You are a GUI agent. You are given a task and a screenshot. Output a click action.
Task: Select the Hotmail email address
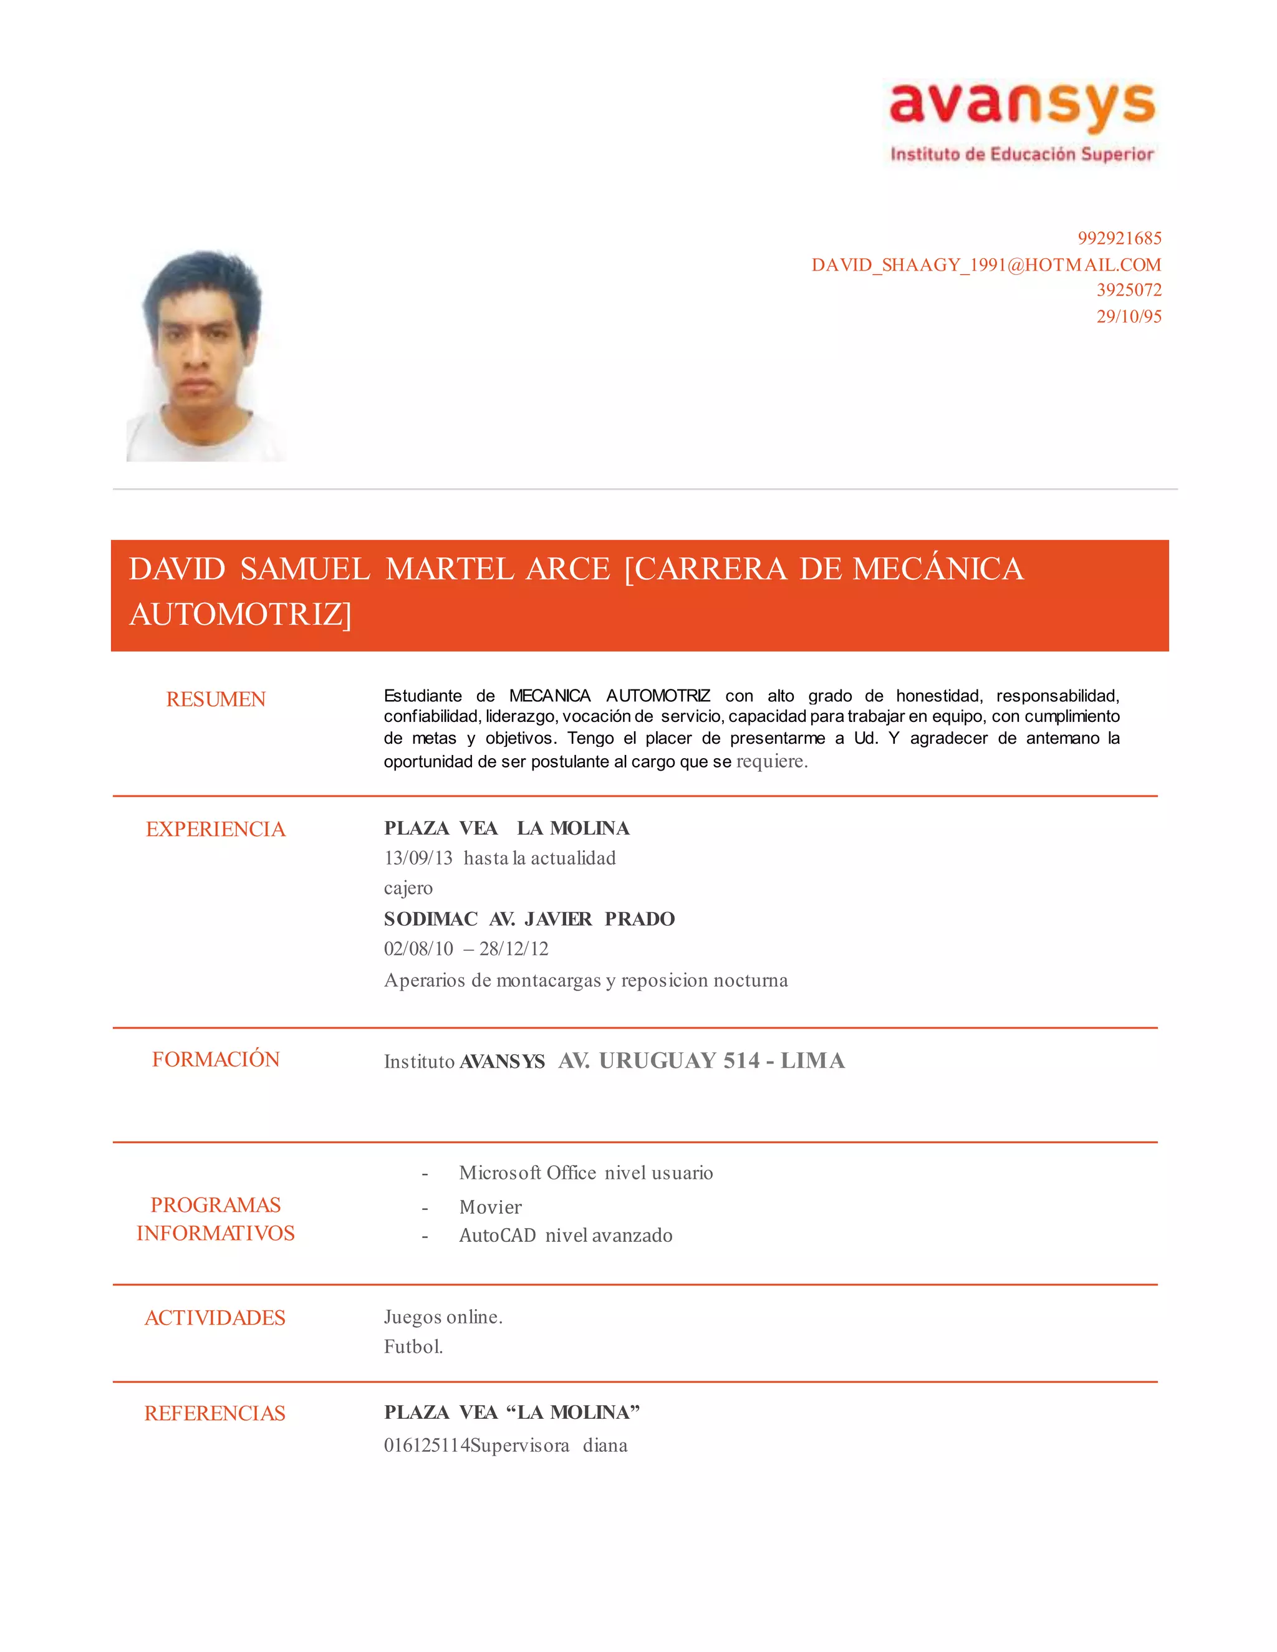tap(986, 265)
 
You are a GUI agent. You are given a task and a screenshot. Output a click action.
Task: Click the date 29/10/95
tap(1129, 316)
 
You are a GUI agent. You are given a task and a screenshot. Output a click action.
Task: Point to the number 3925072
tap(1129, 290)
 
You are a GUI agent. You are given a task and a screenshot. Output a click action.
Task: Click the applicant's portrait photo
tap(205, 355)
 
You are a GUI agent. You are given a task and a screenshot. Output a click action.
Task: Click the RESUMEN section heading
tap(216, 699)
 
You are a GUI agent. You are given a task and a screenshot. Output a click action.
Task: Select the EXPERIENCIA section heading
tap(216, 829)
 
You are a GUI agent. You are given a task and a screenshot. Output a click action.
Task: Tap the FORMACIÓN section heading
tap(216, 1059)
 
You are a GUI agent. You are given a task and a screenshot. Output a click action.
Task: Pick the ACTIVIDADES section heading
tap(215, 1318)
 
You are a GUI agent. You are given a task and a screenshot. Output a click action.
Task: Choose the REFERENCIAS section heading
tap(215, 1413)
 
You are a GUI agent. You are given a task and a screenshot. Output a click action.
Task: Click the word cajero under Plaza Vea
tap(408, 888)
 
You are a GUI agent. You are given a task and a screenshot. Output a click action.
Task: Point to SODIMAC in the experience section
tap(430, 919)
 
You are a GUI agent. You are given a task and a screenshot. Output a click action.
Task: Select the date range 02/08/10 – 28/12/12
tap(466, 949)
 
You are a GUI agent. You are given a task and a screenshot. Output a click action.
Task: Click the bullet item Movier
tap(490, 1208)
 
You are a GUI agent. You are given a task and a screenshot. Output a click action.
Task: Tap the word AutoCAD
tap(497, 1235)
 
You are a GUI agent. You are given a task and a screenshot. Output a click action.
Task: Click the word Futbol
tap(413, 1347)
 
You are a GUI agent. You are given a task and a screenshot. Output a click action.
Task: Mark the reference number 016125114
tap(426, 1446)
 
